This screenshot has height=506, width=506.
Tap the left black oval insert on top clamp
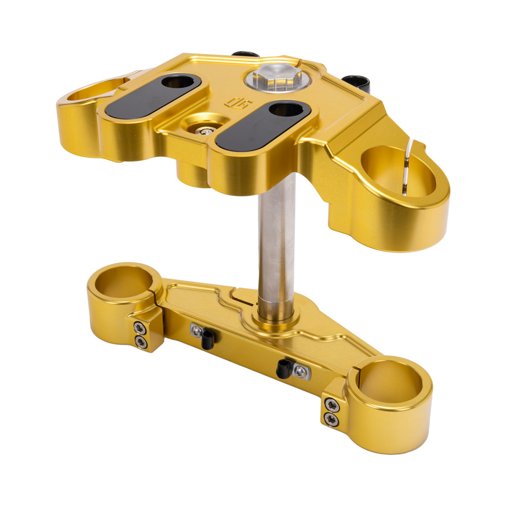pos(152,96)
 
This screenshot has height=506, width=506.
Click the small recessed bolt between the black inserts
pos(205,131)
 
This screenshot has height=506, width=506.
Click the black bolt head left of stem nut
pos(246,54)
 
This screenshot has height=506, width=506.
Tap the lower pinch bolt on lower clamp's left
pos(142,343)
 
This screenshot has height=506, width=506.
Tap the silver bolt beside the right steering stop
pos(301,371)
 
